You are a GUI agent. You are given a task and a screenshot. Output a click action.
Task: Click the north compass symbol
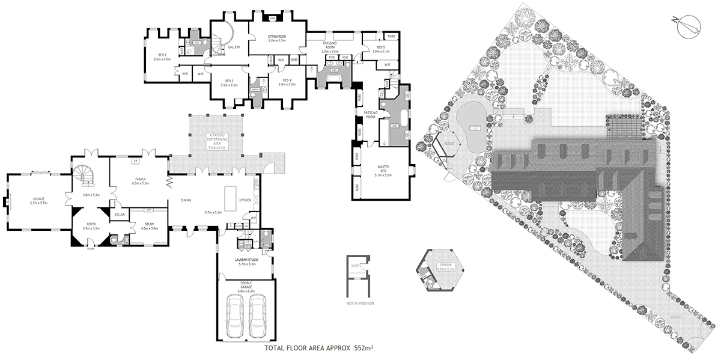click(x=686, y=25)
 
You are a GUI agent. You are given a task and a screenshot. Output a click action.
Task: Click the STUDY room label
click(x=149, y=225)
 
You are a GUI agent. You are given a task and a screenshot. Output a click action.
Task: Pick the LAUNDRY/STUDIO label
click(x=247, y=260)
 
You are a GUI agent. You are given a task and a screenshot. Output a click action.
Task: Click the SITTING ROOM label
click(x=277, y=37)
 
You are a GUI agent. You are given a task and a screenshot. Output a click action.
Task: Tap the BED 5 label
click(x=381, y=47)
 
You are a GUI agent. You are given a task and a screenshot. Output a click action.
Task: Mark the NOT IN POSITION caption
click(x=360, y=303)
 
